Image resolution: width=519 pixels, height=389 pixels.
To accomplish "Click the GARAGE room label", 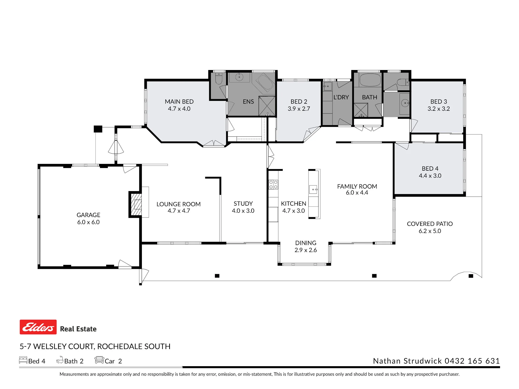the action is [88, 215].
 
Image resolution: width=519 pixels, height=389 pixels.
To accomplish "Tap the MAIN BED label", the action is [179, 102].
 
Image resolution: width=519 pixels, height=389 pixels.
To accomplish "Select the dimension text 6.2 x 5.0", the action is [430, 231].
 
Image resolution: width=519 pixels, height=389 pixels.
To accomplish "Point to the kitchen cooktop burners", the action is [273, 184].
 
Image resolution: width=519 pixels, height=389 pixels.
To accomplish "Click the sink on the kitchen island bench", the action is [313, 190].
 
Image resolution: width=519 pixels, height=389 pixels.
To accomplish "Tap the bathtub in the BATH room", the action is [370, 80].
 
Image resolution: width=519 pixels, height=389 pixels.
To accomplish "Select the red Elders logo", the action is [38, 327].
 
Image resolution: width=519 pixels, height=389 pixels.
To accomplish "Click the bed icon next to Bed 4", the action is [23, 360].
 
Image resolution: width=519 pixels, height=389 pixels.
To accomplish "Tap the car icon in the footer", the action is [99, 360].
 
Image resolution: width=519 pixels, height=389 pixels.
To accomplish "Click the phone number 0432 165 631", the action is [472, 361].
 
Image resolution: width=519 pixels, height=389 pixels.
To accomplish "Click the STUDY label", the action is [243, 204].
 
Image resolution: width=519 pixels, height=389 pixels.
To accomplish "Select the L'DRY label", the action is [341, 97].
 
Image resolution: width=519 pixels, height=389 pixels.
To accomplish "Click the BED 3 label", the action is [439, 102].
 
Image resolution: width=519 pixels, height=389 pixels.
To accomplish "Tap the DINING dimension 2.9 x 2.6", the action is [306, 250].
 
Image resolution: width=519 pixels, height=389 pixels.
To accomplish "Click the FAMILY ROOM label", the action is [357, 186].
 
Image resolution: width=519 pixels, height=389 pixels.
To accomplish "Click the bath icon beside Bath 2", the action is [60, 360].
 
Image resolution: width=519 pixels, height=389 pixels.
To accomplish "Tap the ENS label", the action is [248, 102].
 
